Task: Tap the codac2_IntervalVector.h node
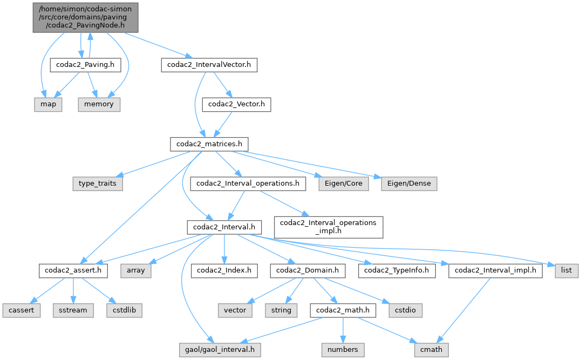pyautogui.click(x=209, y=65)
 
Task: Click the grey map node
pyautogui.click(x=49, y=104)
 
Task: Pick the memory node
pyautogui.click(x=99, y=104)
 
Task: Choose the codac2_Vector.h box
pyautogui.click(x=236, y=104)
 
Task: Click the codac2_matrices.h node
pyautogui.click(x=209, y=144)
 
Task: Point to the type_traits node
pyautogui.click(x=98, y=184)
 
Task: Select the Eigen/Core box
pyautogui.click(x=344, y=184)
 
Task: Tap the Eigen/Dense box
pyautogui.click(x=409, y=184)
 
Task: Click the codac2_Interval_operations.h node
pyautogui.click(x=248, y=184)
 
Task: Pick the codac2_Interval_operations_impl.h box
pyautogui.click(x=329, y=227)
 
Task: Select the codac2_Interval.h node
pyautogui.click(x=224, y=227)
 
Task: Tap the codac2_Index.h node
pyautogui.click(x=224, y=270)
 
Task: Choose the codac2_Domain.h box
pyautogui.click(x=307, y=270)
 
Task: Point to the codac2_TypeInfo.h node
pyautogui.click(x=400, y=270)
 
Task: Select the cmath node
pyautogui.click(x=431, y=350)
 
